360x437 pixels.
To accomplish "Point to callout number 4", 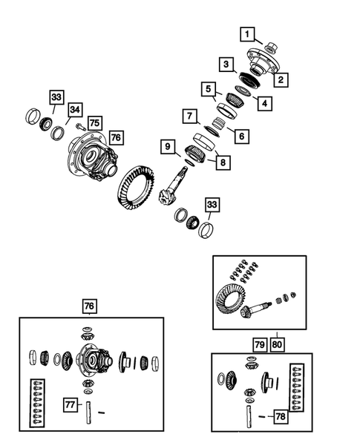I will pyautogui.click(x=264, y=103).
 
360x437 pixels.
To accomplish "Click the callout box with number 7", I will pyautogui.click(x=190, y=116).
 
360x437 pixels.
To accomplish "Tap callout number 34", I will pyautogui.click(x=74, y=111).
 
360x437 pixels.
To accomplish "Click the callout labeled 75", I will pyautogui.click(x=94, y=124).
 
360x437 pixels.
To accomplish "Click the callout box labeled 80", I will pyautogui.click(x=278, y=344).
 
